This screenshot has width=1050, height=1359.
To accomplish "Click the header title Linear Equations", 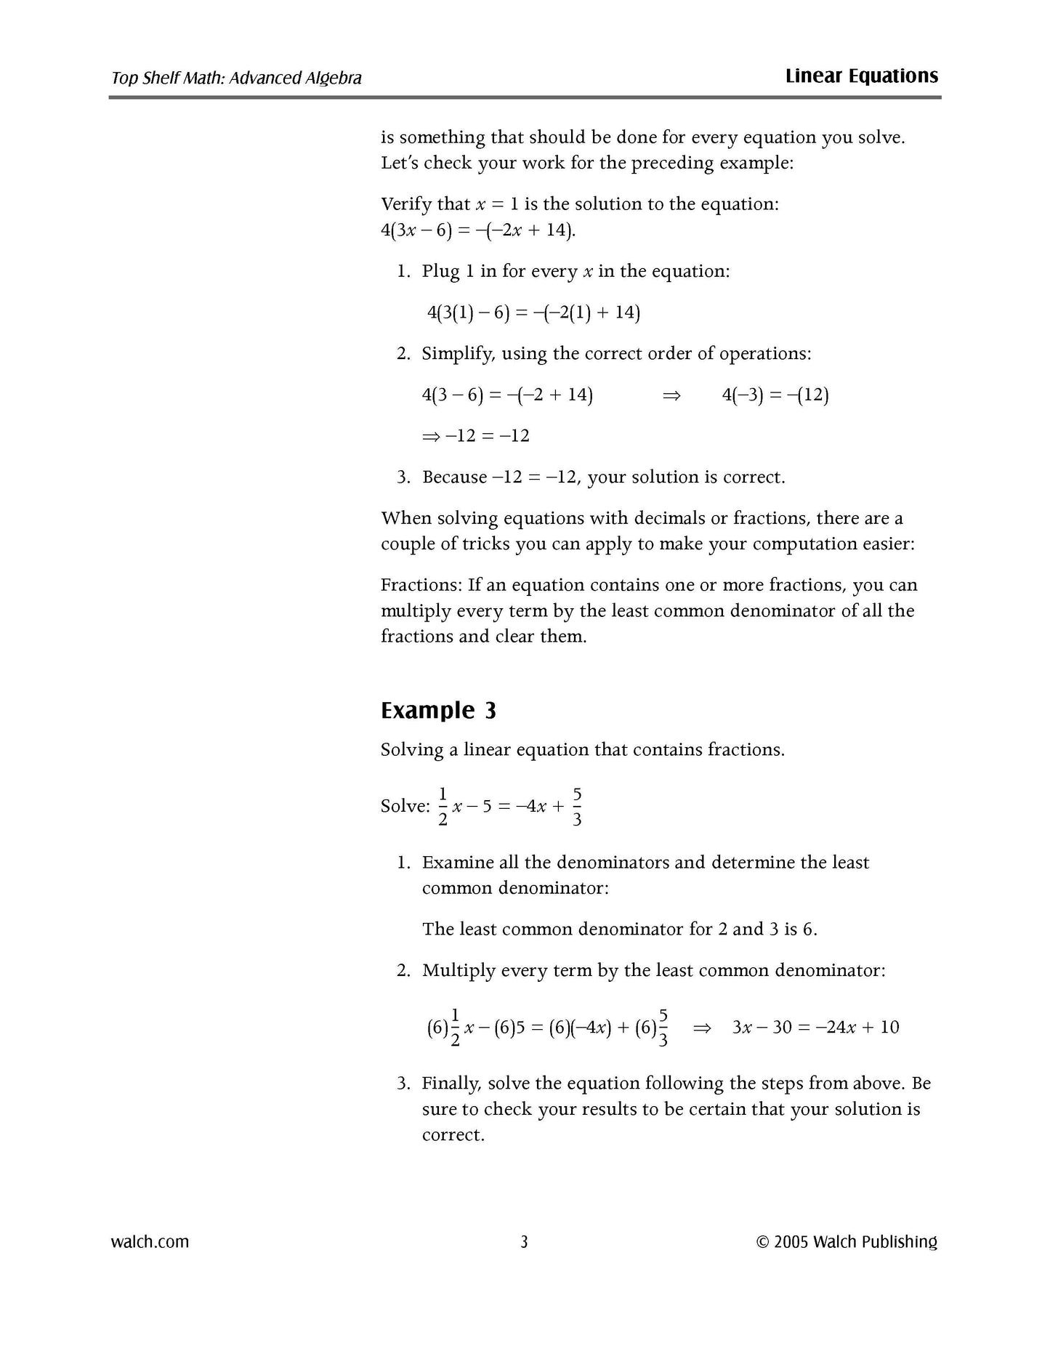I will point(861,76).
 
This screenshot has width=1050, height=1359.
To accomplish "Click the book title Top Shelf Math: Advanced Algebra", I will point(236,78).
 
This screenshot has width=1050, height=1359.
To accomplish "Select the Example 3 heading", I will point(438,710).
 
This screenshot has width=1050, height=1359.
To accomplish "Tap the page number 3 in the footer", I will point(524,1242).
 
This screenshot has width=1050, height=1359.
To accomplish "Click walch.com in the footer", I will point(150,1242).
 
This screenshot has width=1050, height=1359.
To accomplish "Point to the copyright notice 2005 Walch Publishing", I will point(847,1242).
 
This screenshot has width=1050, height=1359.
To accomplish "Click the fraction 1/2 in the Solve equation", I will point(443,806).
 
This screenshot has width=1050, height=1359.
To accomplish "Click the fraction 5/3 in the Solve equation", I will point(577,806).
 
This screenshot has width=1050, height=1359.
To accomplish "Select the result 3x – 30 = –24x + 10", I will point(815,1028).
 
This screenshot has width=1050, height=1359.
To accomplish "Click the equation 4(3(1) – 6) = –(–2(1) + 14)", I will point(533,312).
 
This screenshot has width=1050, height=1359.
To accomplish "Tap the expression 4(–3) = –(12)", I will point(775,395).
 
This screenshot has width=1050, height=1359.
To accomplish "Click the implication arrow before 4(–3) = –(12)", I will point(671,395).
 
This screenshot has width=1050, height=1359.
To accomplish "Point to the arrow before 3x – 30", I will point(701,1028).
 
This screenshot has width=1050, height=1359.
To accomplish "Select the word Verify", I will point(405,204).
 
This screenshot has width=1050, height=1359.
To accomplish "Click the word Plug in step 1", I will point(440,272).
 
